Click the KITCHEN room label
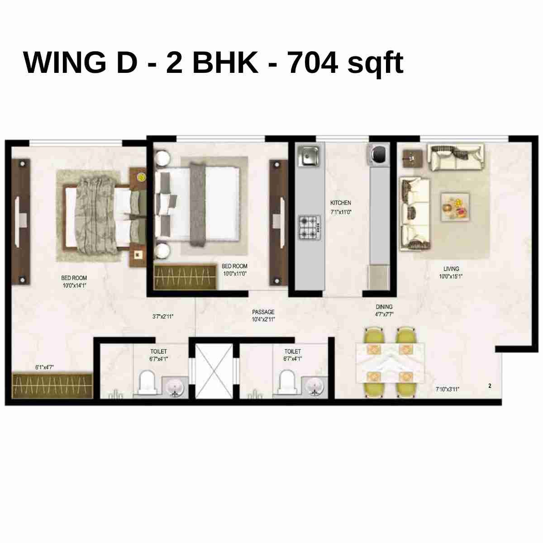341,203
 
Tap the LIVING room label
451,269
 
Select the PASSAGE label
263,312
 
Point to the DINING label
384,307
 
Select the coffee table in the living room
455,207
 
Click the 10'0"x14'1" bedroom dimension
74,286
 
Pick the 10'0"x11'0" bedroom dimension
234,273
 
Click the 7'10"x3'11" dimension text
448,389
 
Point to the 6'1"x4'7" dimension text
45,367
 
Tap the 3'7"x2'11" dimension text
163,317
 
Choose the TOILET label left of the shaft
158,351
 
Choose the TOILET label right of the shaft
293,351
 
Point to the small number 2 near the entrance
490,386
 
